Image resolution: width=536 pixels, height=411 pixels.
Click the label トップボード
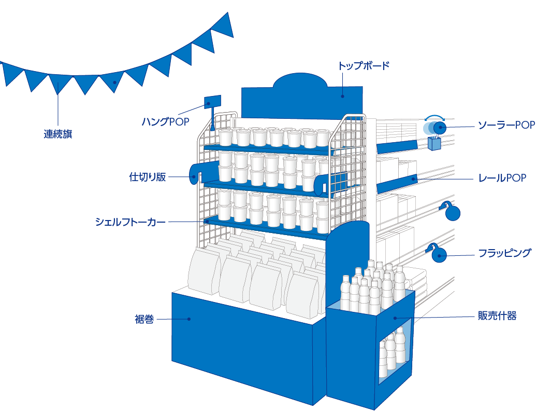coord(363,66)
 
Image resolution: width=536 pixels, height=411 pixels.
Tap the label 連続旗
coord(57,134)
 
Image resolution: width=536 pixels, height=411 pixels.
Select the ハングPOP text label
coord(165,122)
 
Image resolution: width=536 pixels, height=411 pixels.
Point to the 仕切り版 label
coord(148,177)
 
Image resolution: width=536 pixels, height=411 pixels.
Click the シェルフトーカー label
coord(131,222)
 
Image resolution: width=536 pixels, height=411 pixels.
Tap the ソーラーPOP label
coord(505,126)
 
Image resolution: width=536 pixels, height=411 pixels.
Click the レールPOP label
coord(502,178)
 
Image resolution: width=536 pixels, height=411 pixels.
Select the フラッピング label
coord(504,253)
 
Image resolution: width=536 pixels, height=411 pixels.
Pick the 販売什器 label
coord(497,316)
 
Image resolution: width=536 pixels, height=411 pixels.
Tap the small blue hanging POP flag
coord(213,101)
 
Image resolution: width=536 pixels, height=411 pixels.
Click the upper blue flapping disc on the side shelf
coord(452,213)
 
